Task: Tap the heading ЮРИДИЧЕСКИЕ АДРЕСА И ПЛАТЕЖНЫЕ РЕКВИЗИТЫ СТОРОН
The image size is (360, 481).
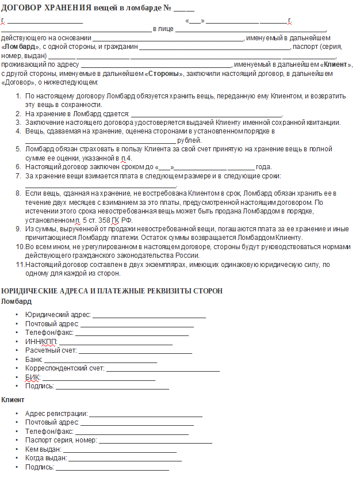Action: click(x=112, y=291)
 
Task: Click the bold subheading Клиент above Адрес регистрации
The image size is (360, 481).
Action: click(x=13, y=399)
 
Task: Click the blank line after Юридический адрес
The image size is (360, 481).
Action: click(x=149, y=316)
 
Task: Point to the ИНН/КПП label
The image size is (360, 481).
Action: click(x=41, y=342)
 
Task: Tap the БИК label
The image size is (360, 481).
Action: click(x=33, y=377)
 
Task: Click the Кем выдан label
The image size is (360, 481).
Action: click(x=43, y=449)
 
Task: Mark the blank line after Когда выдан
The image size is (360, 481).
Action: click(x=125, y=459)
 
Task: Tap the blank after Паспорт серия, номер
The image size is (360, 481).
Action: click(x=156, y=440)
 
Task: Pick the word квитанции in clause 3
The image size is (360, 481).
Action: click(x=325, y=123)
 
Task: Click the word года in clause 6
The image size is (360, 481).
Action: click(x=263, y=167)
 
